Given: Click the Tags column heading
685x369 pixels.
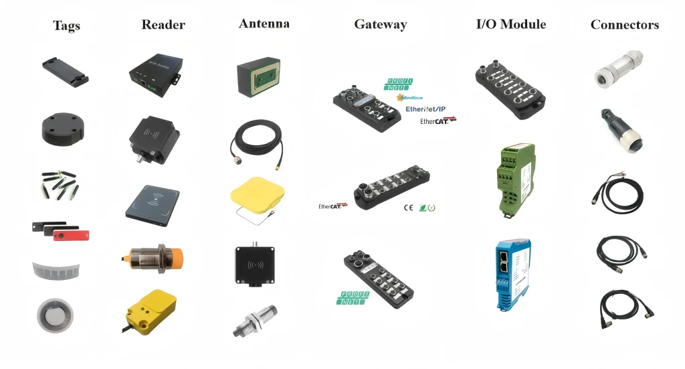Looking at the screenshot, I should (66, 26).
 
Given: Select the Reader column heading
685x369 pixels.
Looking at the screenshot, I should (163, 25).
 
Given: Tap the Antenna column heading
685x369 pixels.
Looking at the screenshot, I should (264, 23).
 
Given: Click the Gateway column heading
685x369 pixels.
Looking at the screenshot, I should (380, 25).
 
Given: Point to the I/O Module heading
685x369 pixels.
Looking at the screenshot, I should (510, 24).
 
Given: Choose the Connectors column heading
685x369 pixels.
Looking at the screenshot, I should (624, 25).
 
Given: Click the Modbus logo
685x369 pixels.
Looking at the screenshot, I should (415, 97).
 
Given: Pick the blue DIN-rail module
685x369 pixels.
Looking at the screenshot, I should (512, 274).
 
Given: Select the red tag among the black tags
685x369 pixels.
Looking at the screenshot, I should (71, 235).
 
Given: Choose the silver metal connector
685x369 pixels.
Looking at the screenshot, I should (618, 69).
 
